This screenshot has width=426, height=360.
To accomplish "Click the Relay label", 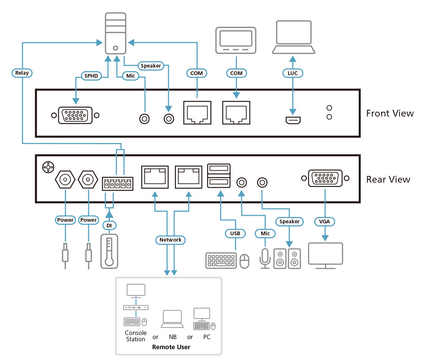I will pyautogui.click(x=22, y=73).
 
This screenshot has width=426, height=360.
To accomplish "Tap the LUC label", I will pyautogui.click(x=293, y=73).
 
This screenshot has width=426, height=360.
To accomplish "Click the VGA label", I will pyautogui.click(x=325, y=221).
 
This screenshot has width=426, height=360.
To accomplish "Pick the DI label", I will pyautogui.click(x=109, y=226).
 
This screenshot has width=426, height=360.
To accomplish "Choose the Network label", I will pyautogui.click(x=170, y=240).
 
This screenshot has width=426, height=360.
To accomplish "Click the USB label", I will pyautogui.click(x=235, y=233).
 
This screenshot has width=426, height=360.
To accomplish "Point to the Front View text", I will pyautogui.click(x=390, y=113).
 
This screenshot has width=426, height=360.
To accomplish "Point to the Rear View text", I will pyautogui.click(x=388, y=179).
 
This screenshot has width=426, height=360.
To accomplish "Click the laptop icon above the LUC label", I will pyautogui.click(x=293, y=37).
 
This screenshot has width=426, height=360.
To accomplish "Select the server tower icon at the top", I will pyautogui.click(x=116, y=33).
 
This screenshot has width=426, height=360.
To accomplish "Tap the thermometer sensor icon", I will pyautogui.click(x=109, y=251).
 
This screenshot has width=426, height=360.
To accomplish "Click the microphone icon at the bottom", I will pyautogui.click(x=265, y=258).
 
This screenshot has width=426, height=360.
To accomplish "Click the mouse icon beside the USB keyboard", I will pyautogui.click(x=244, y=261).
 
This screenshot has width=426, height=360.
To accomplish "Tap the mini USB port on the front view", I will pyautogui.click(x=293, y=120).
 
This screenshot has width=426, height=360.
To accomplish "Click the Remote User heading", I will pyautogui.click(x=171, y=347).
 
